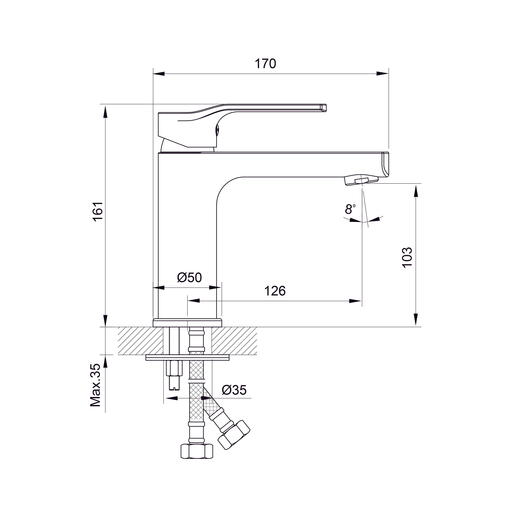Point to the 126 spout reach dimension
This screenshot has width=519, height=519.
275,291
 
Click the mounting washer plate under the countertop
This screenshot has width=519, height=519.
187,357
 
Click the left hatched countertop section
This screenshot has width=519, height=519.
140,341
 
